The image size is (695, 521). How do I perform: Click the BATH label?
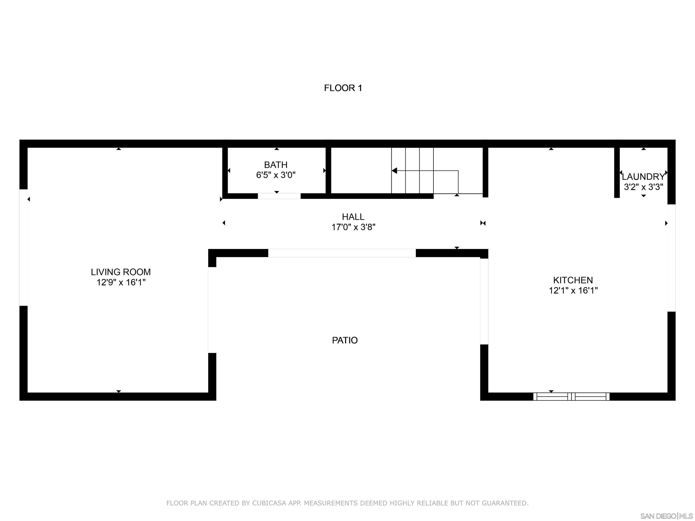(x=276, y=165)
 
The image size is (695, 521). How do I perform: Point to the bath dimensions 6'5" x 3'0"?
(x=276, y=175)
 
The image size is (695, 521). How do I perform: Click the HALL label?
(x=353, y=217)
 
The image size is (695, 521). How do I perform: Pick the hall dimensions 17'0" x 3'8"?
(x=353, y=227)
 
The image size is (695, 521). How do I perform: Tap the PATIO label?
(x=345, y=340)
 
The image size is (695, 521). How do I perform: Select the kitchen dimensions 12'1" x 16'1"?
(x=573, y=291)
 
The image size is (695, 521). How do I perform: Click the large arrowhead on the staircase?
(x=394, y=171)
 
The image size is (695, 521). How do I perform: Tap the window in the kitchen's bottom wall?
(x=571, y=396)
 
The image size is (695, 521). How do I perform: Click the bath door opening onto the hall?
(x=279, y=196)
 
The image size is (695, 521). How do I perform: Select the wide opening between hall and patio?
(x=342, y=253)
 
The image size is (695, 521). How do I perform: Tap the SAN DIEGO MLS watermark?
(x=666, y=516)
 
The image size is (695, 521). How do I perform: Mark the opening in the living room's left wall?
(x=24, y=247)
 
